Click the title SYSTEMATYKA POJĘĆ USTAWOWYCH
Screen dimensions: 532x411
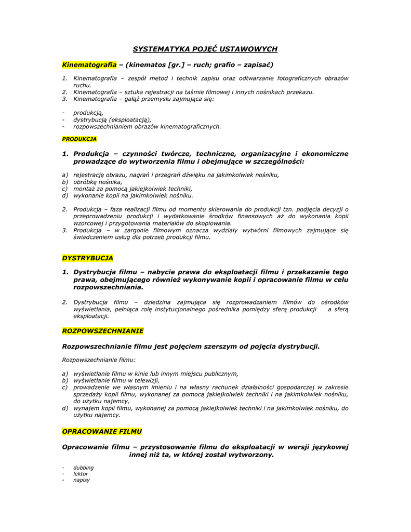click(x=205, y=49)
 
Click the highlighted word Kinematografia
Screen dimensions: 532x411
click(x=89, y=65)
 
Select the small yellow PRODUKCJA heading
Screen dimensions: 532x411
click(x=79, y=139)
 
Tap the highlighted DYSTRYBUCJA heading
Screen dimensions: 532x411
click(x=87, y=258)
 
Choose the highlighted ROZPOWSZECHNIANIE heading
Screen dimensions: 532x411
click(x=102, y=331)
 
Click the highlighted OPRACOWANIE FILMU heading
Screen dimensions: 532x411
click(x=102, y=432)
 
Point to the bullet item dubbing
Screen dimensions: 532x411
click(x=84, y=468)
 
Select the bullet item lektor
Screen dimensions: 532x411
click(x=81, y=474)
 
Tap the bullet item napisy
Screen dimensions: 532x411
click(x=82, y=480)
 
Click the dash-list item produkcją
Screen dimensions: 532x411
click(x=88, y=112)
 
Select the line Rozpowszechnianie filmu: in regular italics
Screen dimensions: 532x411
click(x=99, y=360)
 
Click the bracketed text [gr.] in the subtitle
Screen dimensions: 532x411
click(x=176, y=65)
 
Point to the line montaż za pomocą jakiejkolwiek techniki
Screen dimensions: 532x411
click(x=132, y=189)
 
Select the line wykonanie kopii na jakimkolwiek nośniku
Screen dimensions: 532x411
click(x=133, y=196)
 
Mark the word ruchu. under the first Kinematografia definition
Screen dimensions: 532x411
click(x=82, y=85)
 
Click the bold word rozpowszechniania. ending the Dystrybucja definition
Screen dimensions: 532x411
click(x=108, y=287)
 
